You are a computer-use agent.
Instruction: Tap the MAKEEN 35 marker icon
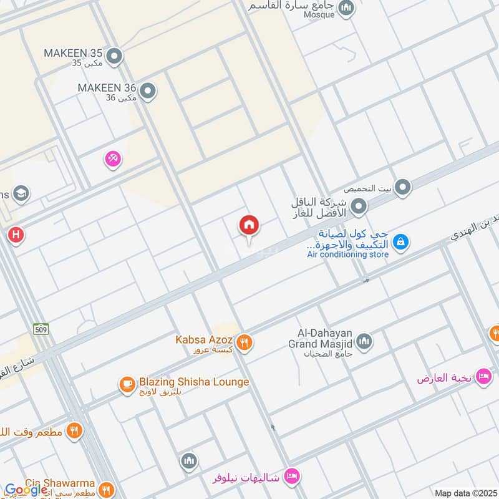114,57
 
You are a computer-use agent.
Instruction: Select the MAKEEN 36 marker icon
148,92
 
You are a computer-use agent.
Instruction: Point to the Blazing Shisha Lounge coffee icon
128,384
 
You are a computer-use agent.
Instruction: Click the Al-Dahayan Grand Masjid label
321,339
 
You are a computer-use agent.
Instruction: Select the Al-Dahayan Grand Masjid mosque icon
364,341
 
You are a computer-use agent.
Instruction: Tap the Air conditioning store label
347,254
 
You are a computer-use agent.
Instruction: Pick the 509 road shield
42,328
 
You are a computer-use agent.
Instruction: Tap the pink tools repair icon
113,160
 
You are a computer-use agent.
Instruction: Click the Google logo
27,490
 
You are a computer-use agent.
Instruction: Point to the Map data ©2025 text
465,493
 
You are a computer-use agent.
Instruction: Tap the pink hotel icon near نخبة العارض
483,377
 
